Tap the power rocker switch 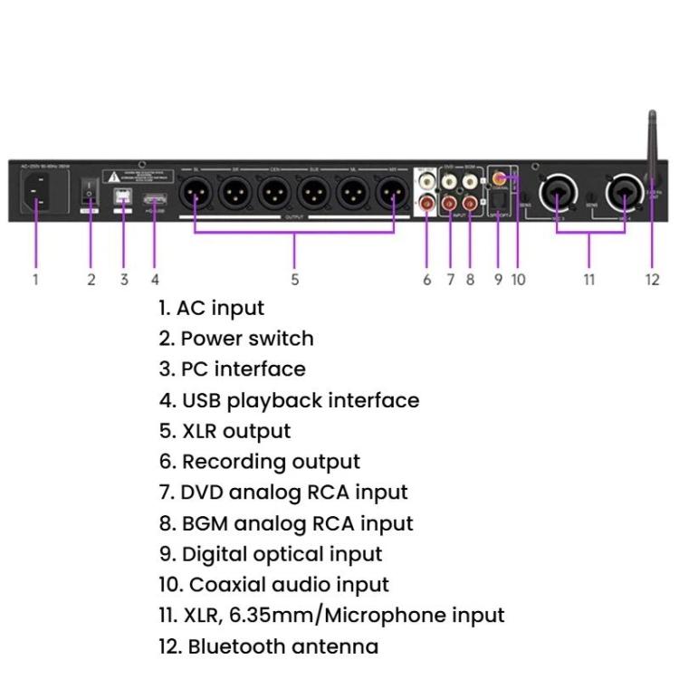pos(91,191)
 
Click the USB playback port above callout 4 pos(155,200)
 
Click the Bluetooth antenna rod pos(652,145)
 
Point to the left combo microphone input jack pos(555,192)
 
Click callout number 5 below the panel pos(295,280)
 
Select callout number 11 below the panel pos(589,280)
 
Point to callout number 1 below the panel pos(35,280)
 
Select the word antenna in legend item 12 pos(335,646)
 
